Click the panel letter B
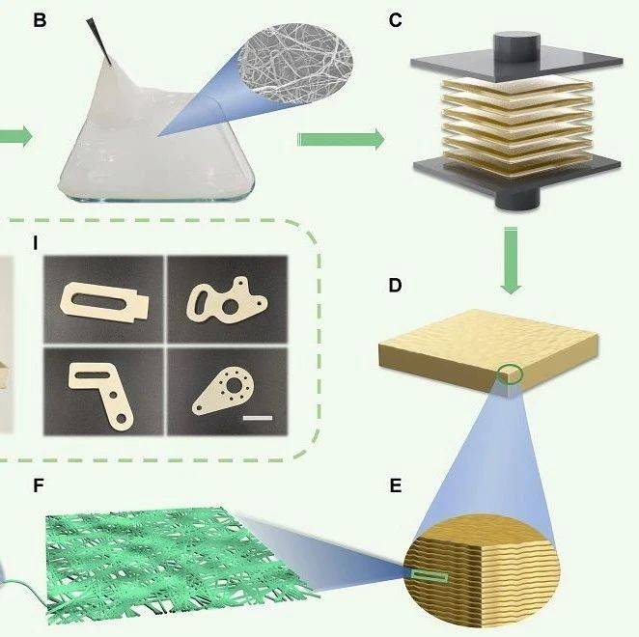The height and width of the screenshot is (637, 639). tap(40, 20)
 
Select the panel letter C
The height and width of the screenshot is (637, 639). tap(396, 20)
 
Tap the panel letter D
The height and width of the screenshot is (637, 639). tap(396, 286)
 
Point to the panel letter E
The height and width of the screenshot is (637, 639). tap(396, 485)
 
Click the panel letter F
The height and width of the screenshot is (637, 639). tap(39, 485)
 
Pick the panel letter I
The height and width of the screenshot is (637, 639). tap(36, 243)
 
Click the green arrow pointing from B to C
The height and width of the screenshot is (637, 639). tap(341, 139)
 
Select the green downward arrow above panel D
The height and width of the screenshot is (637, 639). tap(511, 261)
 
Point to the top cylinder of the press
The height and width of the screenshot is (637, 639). tap(516, 47)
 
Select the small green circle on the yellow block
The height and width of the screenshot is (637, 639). tap(510, 374)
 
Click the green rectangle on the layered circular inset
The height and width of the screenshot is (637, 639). tap(430, 576)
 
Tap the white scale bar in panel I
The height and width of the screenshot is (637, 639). tap(258, 418)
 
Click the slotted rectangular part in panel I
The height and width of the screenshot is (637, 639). tap(104, 302)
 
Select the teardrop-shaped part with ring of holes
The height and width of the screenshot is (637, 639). tap(224, 390)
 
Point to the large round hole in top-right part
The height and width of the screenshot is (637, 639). tap(231, 307)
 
